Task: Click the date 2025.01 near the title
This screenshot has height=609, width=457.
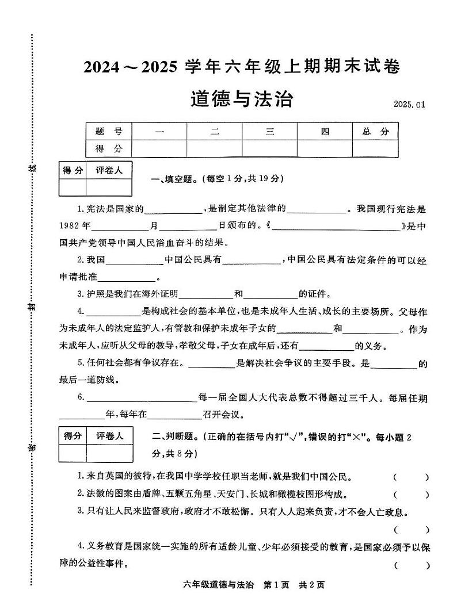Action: point(409,104)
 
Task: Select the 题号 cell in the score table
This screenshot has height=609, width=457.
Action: point(109,131)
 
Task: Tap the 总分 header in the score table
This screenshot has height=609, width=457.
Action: point(375,131)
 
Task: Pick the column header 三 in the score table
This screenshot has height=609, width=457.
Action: point(269,131)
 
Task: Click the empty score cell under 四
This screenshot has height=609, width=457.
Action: point(325,148)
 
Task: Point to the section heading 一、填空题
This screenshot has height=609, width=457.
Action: point(173,179)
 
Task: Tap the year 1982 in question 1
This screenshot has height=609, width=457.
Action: point(71,225)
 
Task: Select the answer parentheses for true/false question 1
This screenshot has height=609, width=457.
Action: point(411,477)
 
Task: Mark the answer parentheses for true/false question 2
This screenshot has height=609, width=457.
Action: point(411,495)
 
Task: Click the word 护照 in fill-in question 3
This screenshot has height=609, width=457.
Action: point(94,294)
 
